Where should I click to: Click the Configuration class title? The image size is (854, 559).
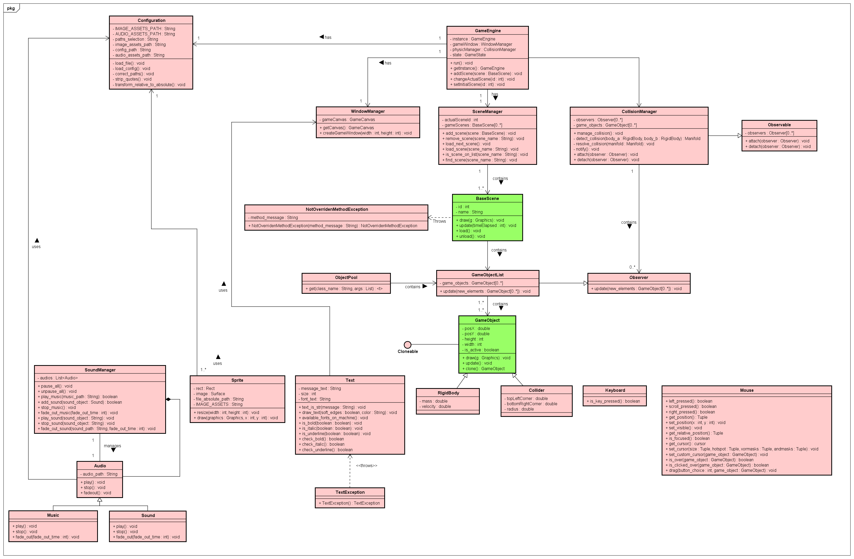coord(151,21)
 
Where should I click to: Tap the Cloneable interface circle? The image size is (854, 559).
coord(407,345)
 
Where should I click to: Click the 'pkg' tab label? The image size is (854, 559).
coord(11,8)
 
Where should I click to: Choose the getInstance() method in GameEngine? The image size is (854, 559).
coord(479,68)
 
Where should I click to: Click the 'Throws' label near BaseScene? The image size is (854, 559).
coord(439,221)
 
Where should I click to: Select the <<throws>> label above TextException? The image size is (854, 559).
coord(366,465)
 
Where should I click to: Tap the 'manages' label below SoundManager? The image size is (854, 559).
coord(112,446)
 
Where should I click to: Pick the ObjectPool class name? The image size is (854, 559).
coord(346,277)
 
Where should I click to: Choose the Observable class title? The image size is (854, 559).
coord(779,125)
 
